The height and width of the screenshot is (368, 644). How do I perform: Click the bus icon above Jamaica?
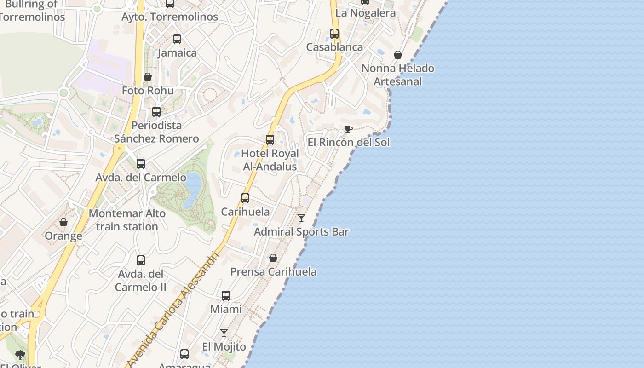point(177,40)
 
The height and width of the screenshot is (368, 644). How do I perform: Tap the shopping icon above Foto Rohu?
point(148,77)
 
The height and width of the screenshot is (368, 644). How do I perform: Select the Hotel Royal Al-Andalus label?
point(270,160)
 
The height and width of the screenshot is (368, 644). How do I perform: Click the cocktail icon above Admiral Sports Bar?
point(301,218)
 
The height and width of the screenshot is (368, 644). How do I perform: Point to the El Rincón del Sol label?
point(348,142)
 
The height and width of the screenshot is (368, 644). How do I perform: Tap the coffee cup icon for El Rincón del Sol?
point(348,129)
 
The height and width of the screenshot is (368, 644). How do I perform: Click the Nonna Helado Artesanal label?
point(398,75)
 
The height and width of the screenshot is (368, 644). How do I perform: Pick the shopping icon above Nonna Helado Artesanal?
point(398,55)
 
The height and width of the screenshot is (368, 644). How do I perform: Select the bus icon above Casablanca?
point(334,34)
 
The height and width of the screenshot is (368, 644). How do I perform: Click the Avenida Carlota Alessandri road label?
point(173,309)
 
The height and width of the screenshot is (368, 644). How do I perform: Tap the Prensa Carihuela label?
point(273,271)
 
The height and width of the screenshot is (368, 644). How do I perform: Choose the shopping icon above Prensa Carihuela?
point(273,258)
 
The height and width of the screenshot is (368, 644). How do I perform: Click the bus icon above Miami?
point(226,296)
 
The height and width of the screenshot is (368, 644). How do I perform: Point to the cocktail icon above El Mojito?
point(224,333)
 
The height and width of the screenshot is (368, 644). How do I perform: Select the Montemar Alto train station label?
point(127,220)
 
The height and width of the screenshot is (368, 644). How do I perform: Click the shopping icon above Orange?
point(63,223)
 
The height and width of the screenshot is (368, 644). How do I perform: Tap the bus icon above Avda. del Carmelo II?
point(141,260)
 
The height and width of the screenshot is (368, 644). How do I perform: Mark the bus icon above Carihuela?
point(245,198)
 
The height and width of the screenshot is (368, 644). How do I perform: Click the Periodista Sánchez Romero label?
point(156,132)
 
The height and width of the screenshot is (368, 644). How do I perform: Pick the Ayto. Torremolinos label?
point(170,17)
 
